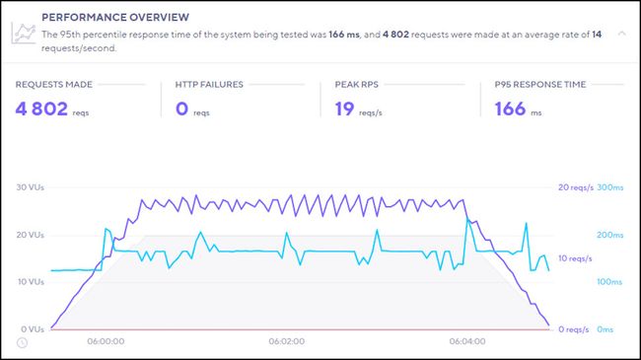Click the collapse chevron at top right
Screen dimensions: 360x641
[x=621, y=33]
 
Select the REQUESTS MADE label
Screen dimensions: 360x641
[x=55, y=85]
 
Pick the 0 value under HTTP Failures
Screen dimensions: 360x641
[x=183, y=108]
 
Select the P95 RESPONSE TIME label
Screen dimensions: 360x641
[x=540, y=85]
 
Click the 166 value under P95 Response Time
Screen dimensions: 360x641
[x=509, y=108]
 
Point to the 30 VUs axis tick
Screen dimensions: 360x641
[x=32, y=187]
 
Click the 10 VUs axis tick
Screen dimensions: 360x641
[x=32, y=282]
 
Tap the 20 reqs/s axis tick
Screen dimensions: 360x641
[x=574, y=187]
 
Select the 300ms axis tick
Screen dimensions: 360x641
[x=610, y=187]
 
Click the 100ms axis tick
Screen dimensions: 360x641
[x=610, y=282]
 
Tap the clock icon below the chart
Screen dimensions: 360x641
[x=22, y=342]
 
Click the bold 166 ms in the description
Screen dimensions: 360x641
[x=343, y=34]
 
